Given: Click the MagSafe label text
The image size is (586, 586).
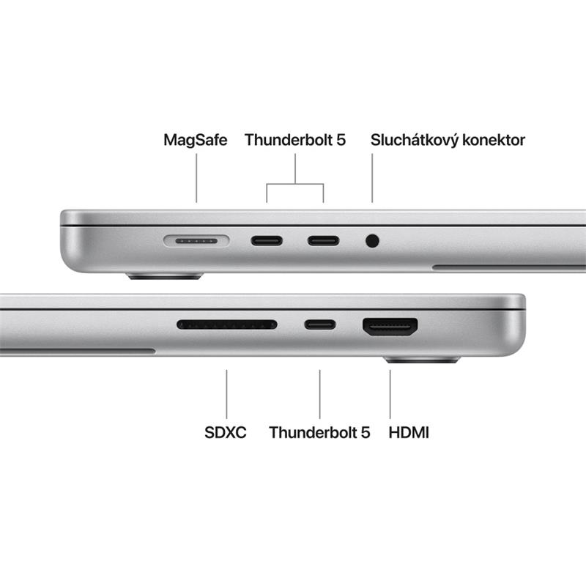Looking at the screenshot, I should (196, 140).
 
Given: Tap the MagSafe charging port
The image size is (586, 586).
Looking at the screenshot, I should (196, 240).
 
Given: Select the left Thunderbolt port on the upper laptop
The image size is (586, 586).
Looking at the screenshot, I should (267, 240).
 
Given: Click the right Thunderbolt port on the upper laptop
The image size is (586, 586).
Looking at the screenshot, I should (323, 240).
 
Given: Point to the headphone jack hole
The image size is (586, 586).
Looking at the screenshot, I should (372, 240).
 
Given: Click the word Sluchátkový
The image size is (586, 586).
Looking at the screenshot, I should (415, 140).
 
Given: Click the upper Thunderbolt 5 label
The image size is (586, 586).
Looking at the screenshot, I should (295, 140).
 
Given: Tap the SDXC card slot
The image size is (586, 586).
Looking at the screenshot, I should (227, 324).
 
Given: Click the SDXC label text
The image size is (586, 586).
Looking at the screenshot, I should (226, 433).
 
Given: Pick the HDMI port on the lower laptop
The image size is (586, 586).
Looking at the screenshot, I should (390, 326).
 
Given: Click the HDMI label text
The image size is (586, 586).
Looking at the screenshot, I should (409, 433).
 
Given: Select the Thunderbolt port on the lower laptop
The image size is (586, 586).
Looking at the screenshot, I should (320, 324).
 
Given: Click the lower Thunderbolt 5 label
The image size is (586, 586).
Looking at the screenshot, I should (319, 433).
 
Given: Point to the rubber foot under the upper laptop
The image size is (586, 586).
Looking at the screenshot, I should (165, 277).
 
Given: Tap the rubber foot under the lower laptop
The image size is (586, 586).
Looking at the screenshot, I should (422, 360).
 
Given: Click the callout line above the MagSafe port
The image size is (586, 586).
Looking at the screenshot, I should (196, 179).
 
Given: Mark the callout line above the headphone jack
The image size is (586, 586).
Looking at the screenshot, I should (372, 179).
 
